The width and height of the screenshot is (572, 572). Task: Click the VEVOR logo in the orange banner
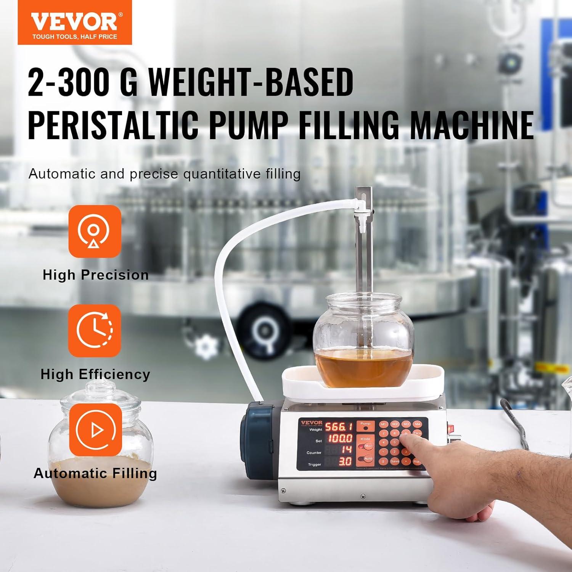tap(74, 22)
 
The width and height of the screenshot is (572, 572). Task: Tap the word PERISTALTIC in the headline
tap(113, 125)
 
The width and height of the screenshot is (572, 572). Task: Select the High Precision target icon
tap(95, 231)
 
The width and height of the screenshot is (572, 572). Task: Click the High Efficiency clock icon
tap(95, 330)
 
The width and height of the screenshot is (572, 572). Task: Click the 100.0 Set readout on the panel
tap(340, 438)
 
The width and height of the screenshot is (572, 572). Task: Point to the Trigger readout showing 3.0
tap(345, 462)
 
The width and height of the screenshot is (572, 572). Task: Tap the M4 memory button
tap(418, 424)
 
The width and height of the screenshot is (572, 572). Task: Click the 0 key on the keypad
tap(383, 461)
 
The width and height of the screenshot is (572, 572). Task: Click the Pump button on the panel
tap(365, 426)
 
